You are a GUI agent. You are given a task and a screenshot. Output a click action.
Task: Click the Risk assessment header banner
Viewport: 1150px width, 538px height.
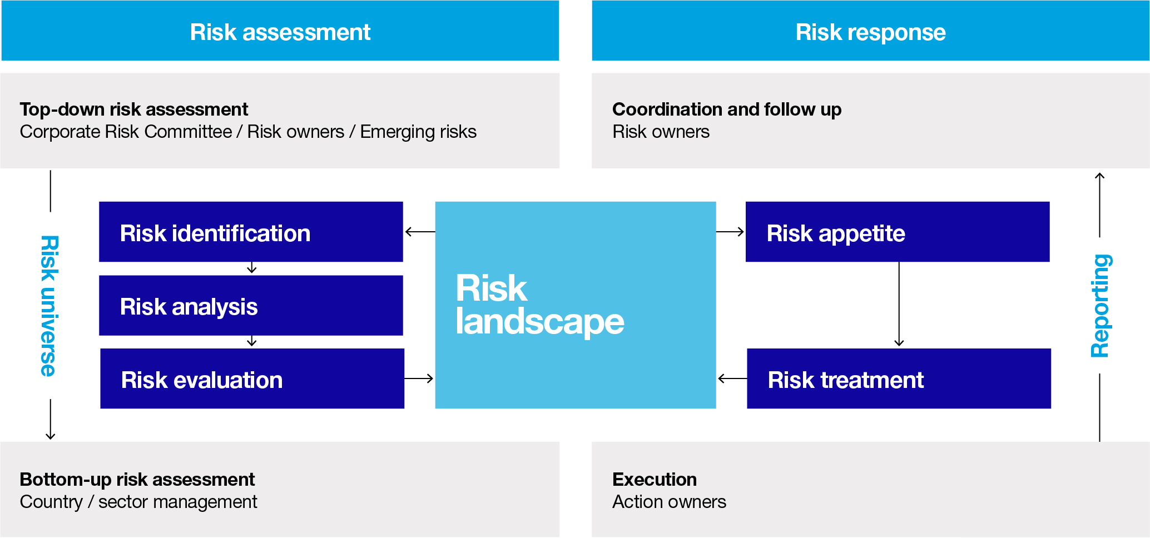pos(280,31)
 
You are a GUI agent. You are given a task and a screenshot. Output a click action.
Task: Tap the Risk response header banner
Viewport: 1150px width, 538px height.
pos(870,31)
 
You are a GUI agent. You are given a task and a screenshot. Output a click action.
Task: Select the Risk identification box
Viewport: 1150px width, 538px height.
pos(251,232)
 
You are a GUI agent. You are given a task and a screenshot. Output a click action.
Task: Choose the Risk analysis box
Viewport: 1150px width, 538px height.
pos(251,306)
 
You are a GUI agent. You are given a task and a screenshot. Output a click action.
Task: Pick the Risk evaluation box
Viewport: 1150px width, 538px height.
pos(252,378)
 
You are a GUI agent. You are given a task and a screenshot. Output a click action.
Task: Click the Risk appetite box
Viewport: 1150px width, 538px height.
pos(897,232)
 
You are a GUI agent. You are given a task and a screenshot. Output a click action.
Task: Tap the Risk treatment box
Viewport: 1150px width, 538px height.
pos(899,378)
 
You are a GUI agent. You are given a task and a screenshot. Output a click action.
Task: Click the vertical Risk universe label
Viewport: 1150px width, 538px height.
pos(49,306)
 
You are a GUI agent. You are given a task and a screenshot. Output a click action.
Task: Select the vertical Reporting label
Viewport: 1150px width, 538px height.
pos(1100,306)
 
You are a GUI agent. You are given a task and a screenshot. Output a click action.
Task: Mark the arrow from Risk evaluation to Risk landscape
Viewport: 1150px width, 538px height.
pos(419,378)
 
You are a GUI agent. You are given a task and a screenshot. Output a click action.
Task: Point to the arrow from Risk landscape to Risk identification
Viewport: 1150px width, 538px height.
pos(419,232)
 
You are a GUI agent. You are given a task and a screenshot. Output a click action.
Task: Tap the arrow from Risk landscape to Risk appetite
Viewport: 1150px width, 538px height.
pos(730,232)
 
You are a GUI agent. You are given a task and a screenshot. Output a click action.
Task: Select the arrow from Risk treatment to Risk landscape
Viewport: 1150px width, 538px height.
pos(732,378)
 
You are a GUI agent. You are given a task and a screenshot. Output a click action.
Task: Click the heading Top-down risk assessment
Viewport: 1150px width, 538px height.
pos(133,109)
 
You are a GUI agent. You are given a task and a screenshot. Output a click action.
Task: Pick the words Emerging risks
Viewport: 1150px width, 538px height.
pos(418,132)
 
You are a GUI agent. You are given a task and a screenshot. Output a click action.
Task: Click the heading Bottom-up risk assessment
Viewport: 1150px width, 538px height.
pos(137,479)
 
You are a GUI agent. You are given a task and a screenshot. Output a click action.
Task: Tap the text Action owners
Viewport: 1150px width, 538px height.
pos(669,502)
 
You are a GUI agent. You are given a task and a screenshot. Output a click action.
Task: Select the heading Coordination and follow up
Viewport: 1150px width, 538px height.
pos(726,109)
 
